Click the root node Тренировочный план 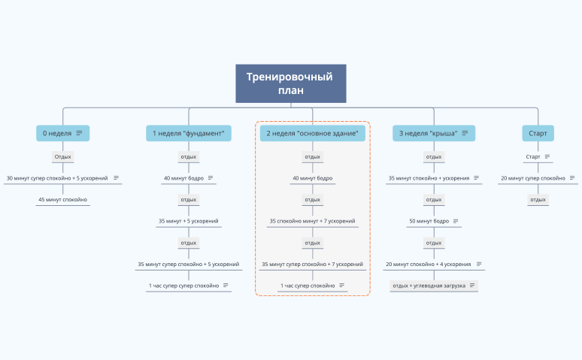point(290,83)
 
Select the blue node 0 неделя point(57,133)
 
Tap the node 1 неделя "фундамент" point(189,133)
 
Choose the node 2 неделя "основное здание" point(312,133)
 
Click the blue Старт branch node point(538,133)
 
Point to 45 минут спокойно point(63,200)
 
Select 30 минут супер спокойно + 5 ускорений point(57,178)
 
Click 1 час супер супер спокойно point(183,286)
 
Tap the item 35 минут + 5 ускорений point(188,221)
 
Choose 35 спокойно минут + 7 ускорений point(312,221)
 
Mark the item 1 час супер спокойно point(308,286)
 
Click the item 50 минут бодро point(429,221)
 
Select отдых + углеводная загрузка point(429,286)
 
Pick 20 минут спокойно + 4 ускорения point(429,265)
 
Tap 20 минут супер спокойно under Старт point(533,178)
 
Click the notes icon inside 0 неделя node point(79,133)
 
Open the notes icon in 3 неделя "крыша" point(465,133)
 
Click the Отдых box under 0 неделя point(63,157)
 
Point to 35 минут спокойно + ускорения point(429,178)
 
